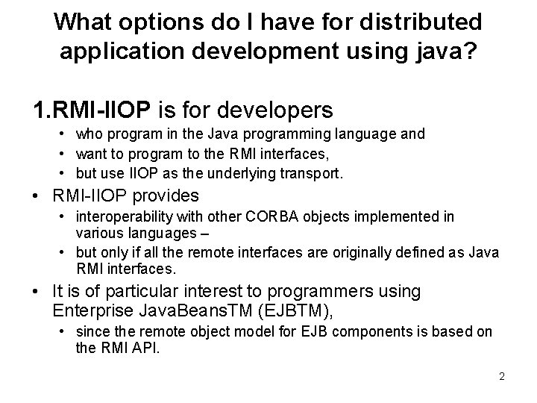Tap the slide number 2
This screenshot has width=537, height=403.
(x=502, y=376)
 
